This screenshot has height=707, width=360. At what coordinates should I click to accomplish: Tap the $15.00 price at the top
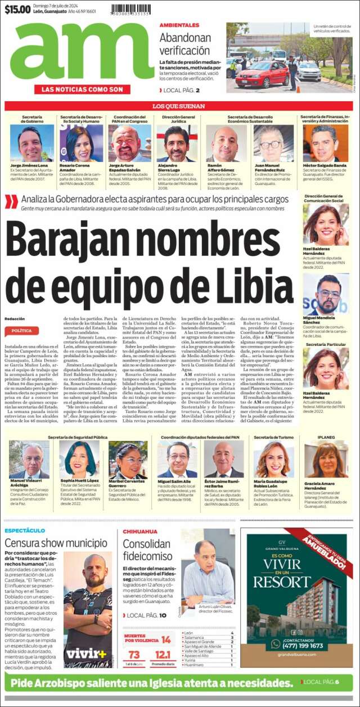[17, 10]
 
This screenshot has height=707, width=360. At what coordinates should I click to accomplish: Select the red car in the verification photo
[263, 74]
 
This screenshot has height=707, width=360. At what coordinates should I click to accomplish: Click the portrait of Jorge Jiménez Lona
[32, 143]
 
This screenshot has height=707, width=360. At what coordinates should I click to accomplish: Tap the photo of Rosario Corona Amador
[82, 143]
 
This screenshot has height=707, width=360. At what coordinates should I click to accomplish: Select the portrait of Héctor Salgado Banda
[325, 143]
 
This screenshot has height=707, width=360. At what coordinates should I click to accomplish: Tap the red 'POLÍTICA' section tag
[21, 331]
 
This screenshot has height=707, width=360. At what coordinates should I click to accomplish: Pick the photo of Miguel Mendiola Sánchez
[326, 294]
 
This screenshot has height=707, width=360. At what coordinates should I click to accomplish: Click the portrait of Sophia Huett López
[79, 458]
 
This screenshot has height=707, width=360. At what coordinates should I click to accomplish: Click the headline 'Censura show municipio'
[56, 543]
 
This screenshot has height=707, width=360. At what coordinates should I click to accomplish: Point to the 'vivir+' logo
[86, 654]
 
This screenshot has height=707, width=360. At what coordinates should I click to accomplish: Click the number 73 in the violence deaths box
[134, 655]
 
